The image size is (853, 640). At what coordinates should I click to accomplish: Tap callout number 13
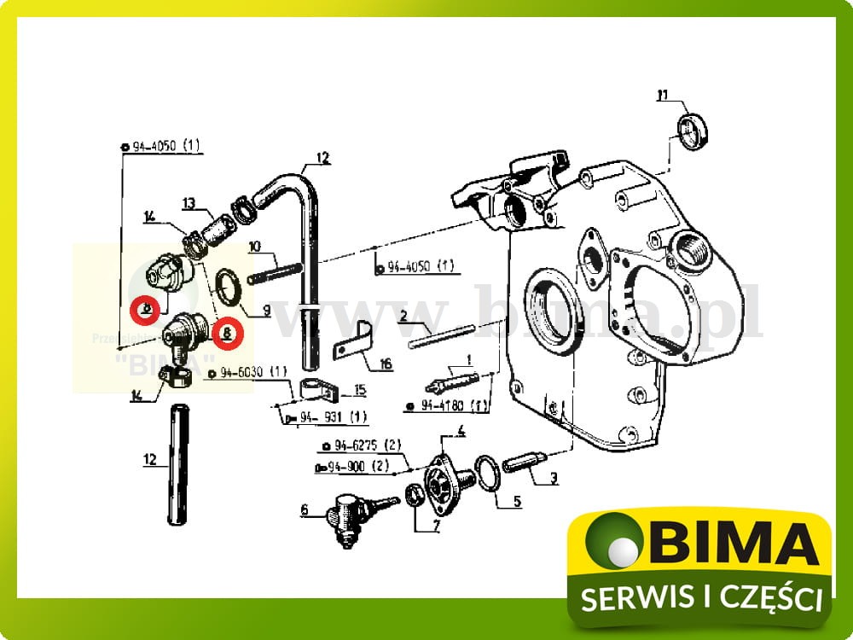[x=189, y=203]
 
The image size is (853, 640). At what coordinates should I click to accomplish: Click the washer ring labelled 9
[x=230, y=285]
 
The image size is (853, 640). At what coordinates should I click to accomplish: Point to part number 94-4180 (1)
[x=449, y=406]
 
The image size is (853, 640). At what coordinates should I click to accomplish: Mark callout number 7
[x=436, y=526]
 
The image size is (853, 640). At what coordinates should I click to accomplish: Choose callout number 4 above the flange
[x=461, y=430]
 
